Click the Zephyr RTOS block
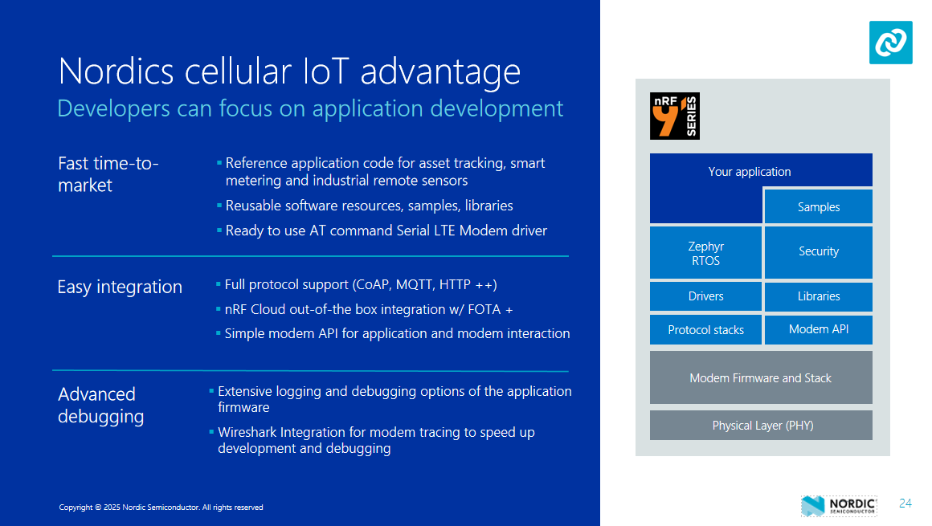coord(705,253)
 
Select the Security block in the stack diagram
coord(818,252)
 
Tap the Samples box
coord(818,207)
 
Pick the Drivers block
coord(705,296)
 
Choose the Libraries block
coord(818,296)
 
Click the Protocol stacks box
coord(705,330)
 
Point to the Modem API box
coord(818,329)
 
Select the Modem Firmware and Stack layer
coord(760,378)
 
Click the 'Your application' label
coord(749,172)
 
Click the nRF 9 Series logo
coord(675,116)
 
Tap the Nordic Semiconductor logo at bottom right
coord(839,505)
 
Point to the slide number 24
coord(905,504)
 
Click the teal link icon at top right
coord(890,43)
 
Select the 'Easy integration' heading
coord(120,287)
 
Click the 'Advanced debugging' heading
coord(100,406)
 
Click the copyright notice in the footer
coord(161,508)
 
